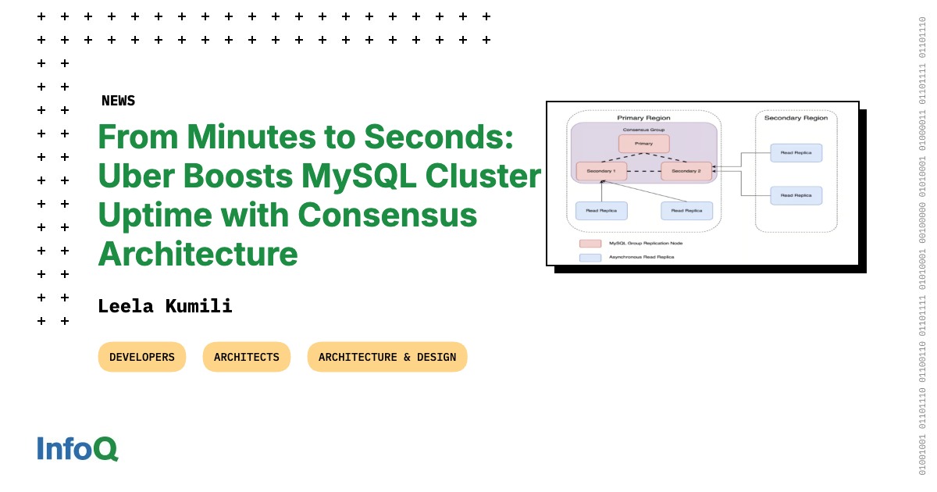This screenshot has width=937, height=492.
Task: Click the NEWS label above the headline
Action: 118,101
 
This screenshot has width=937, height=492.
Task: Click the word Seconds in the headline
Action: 438,137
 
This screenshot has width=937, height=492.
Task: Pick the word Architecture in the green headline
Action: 198,253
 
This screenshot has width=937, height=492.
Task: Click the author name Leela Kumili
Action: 165,306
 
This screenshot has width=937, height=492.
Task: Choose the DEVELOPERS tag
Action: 142,357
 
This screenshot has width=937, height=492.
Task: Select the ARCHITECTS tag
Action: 247,357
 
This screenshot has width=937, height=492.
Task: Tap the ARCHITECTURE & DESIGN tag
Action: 387,357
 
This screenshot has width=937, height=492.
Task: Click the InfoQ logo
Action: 77,448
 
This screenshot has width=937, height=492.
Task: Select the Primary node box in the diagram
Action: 643,144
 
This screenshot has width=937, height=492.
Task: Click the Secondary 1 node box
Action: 601,171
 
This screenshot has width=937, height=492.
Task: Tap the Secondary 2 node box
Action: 686,171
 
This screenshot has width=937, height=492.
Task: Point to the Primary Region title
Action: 643,118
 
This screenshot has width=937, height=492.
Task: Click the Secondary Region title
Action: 796,118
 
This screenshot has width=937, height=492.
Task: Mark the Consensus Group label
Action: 643,130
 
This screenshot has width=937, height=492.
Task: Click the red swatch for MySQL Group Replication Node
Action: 590,244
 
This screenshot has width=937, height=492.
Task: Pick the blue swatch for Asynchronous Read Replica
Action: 590,257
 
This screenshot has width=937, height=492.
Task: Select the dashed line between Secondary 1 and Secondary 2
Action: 643,171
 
